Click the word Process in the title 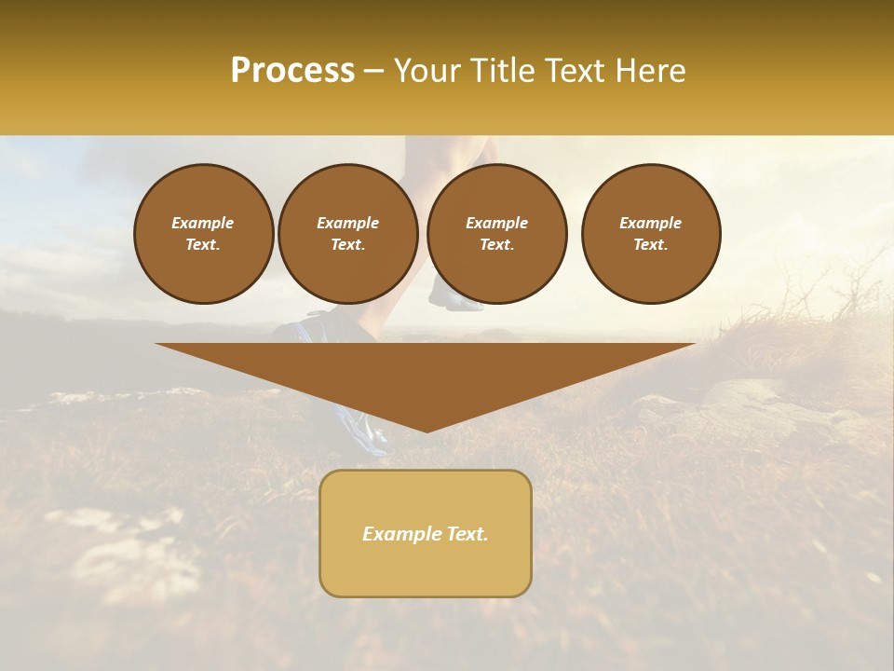pos(292,71)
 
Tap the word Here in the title pos(652,71)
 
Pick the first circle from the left pos(203,234)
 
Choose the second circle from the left pos(347,234)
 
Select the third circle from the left pos(496,234)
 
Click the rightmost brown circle pos(650,234)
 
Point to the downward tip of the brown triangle pos(427,430)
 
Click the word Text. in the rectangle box pos(467,534)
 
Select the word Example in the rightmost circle pos(650,223)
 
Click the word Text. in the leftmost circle pos(203,245)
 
